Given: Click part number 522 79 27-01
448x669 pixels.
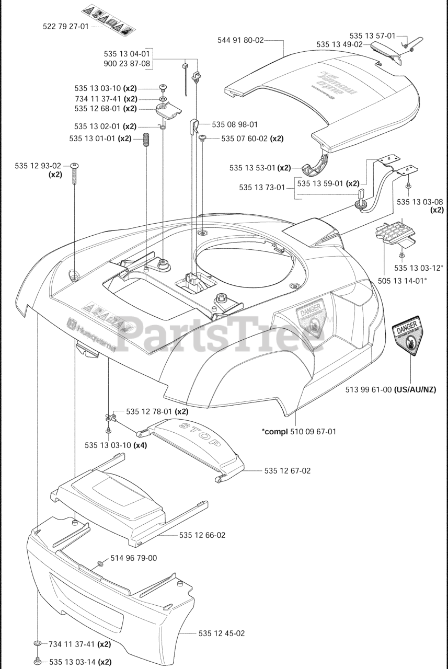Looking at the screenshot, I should [66, 26].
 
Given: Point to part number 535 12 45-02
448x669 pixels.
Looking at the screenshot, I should [222, 633].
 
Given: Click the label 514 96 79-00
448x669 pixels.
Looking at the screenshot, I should [133, 558].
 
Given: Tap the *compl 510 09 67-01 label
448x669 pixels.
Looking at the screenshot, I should [298, 432].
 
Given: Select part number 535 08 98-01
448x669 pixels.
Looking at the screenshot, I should [235, 124].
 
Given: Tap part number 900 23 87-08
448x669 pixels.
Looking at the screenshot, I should [127, 64].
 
